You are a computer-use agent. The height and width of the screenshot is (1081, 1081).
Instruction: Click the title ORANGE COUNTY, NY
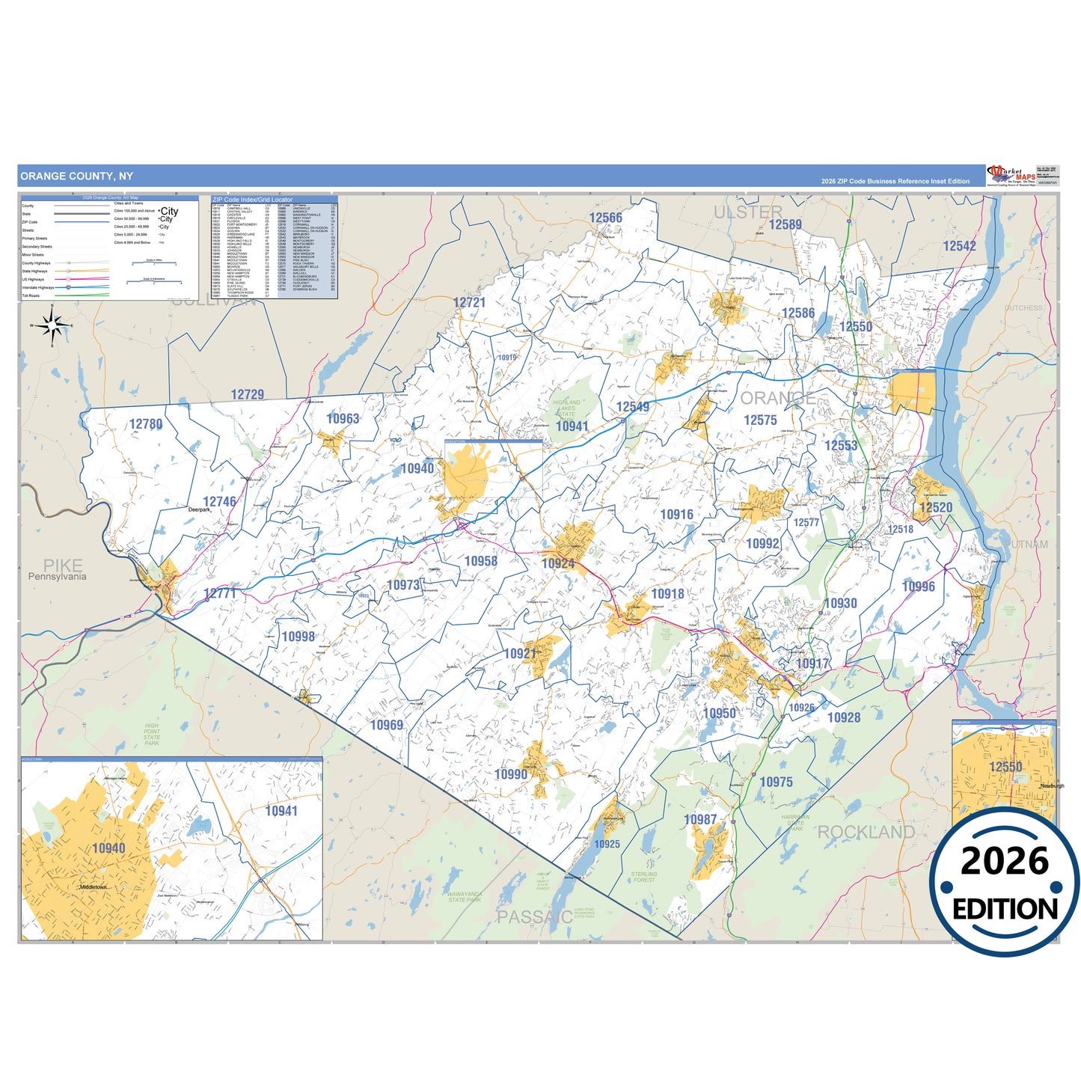[76, 177]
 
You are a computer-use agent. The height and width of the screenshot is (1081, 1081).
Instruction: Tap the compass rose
[52, 325]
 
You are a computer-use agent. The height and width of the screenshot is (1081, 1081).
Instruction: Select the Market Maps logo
[1011, 176]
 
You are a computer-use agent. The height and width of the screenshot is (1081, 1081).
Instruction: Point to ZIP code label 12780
[146, 424]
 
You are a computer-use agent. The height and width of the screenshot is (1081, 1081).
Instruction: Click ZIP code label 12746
[219, 502]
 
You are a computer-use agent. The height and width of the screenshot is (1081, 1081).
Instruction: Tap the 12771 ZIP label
[220, 593]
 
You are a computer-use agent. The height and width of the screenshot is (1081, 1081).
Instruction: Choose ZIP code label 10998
[298, 637]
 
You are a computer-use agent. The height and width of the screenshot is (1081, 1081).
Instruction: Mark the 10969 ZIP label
[387, 725]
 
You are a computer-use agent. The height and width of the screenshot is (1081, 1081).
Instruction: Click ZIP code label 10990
[511, 774]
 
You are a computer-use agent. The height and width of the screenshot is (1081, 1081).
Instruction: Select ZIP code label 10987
[700, 820]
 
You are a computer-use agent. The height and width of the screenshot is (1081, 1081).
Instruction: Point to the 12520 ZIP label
[936, 507]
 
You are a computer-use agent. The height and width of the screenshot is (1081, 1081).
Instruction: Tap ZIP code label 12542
[959, 246]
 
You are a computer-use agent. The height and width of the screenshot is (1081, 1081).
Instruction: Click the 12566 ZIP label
[605, 218]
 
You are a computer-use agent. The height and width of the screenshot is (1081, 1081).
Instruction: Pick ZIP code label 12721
[469, 302]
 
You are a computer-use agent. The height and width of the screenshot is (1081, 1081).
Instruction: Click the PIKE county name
[63, 565]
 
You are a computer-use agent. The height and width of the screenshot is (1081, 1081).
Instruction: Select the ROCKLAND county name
[866, 832]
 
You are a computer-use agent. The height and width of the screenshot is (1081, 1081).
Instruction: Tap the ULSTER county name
[747, 212]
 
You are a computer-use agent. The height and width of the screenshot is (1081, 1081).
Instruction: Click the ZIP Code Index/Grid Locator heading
[252, 200]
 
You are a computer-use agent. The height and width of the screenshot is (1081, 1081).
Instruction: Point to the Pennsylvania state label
[57, 577]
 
